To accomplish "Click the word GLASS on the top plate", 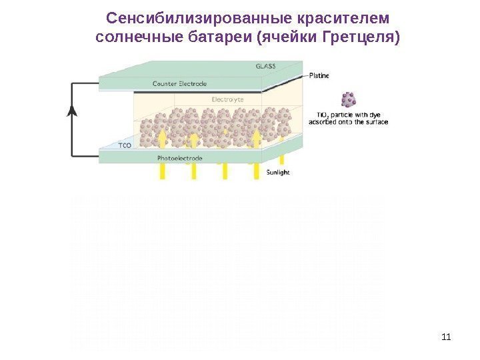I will pyautogui.click(x=265, y=66).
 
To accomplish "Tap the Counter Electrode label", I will pyautogui.click(x=179, y=84).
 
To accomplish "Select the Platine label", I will pyautogui.click(x=319, y=76).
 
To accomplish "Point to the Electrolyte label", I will pyautogui.click(x=227, y=99).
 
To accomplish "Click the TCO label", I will pyautogui.click(x=125, y=145).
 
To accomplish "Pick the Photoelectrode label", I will pyautogui.click(x=180, y=159).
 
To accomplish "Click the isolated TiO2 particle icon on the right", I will pyautogui.click(x=348, y=99).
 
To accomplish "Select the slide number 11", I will pyautogui.click(x=446, y=335).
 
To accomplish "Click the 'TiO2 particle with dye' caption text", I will pyautogui.click(x=350, y=118).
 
